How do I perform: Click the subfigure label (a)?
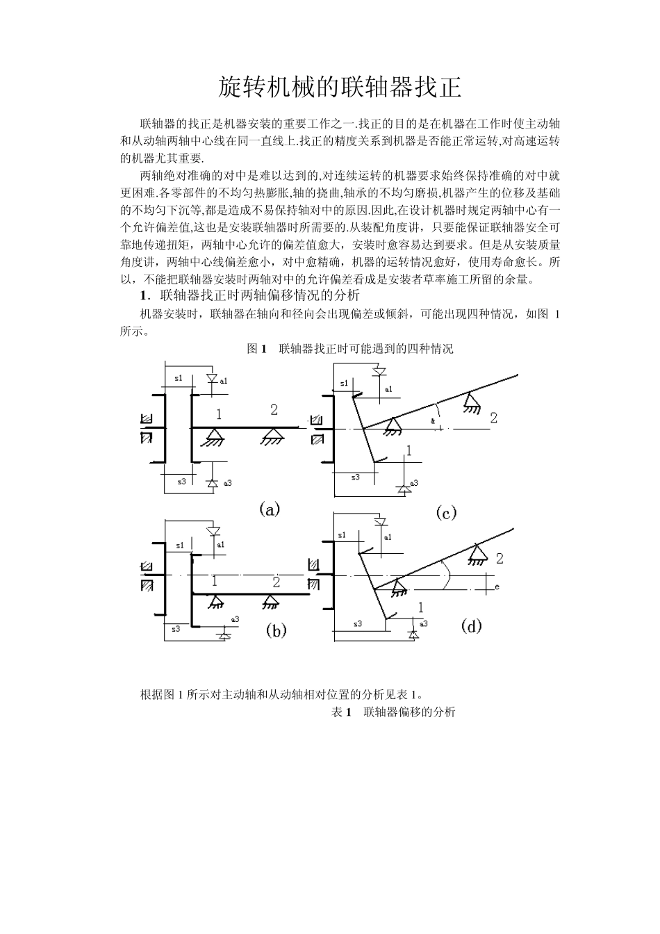click(269, 509)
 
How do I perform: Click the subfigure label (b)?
click(276, 630)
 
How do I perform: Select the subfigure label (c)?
click(445, 513)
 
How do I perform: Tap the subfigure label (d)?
click(471, 626)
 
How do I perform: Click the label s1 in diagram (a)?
click(179, 378)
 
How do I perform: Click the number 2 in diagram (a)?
click(274, 410)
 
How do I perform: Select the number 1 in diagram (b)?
click(215, 581)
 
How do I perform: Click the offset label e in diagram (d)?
click(497, 587)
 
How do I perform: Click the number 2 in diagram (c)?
click(493, 418)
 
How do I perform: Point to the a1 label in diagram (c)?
click(388, 389)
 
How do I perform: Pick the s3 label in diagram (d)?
click(358, 623)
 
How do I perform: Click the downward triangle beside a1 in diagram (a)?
click(213, 378)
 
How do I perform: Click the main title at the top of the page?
click(340, 88)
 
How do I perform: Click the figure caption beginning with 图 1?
click(350, 349)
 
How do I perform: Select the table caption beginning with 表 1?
click(393, 712)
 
